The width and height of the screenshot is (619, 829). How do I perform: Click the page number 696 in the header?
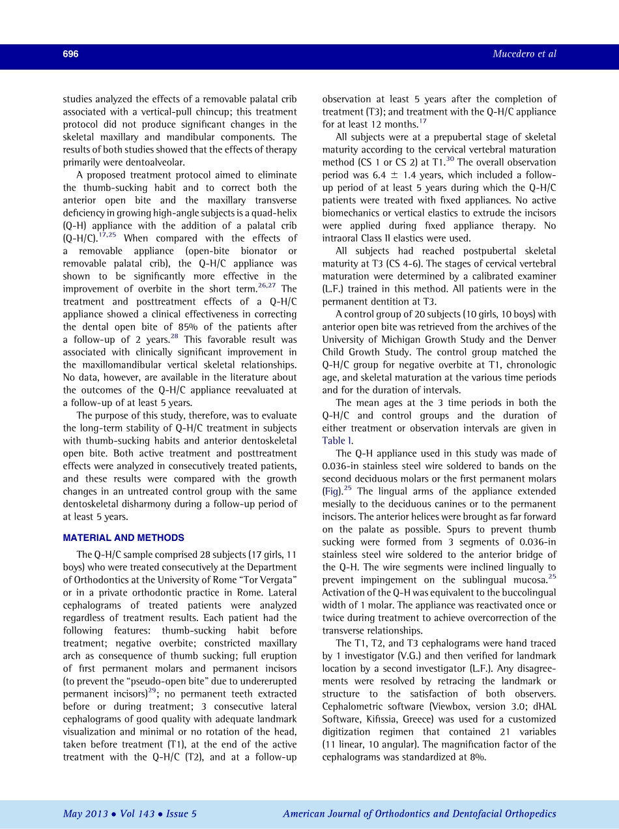(70, 54)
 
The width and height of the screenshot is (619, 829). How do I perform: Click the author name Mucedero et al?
(525, 54)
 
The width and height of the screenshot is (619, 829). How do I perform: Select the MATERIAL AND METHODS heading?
(123, 538)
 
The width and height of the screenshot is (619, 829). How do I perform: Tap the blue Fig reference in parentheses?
(332, 491)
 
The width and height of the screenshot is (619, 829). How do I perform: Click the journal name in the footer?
(420, 813)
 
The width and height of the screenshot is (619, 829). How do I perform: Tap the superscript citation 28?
(174, 336)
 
